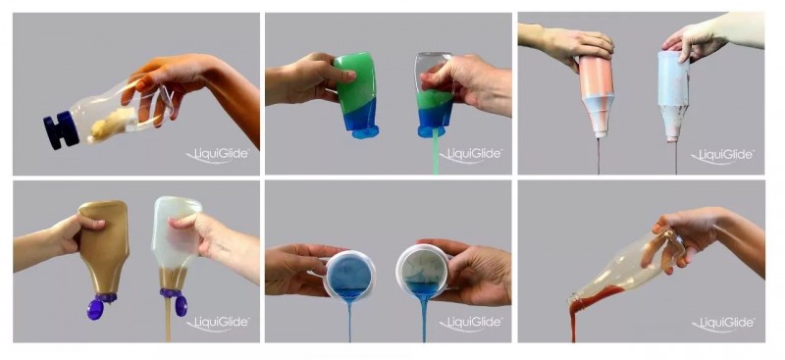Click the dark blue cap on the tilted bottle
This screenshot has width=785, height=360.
[61, 130]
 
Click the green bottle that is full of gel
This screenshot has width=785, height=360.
[355, 91]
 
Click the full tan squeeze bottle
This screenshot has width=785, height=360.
[104, 246]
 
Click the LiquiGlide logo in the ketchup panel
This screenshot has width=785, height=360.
[723, 324]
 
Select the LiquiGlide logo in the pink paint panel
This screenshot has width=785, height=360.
[723, 156]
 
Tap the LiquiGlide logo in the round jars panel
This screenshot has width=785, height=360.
[471, 324]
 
